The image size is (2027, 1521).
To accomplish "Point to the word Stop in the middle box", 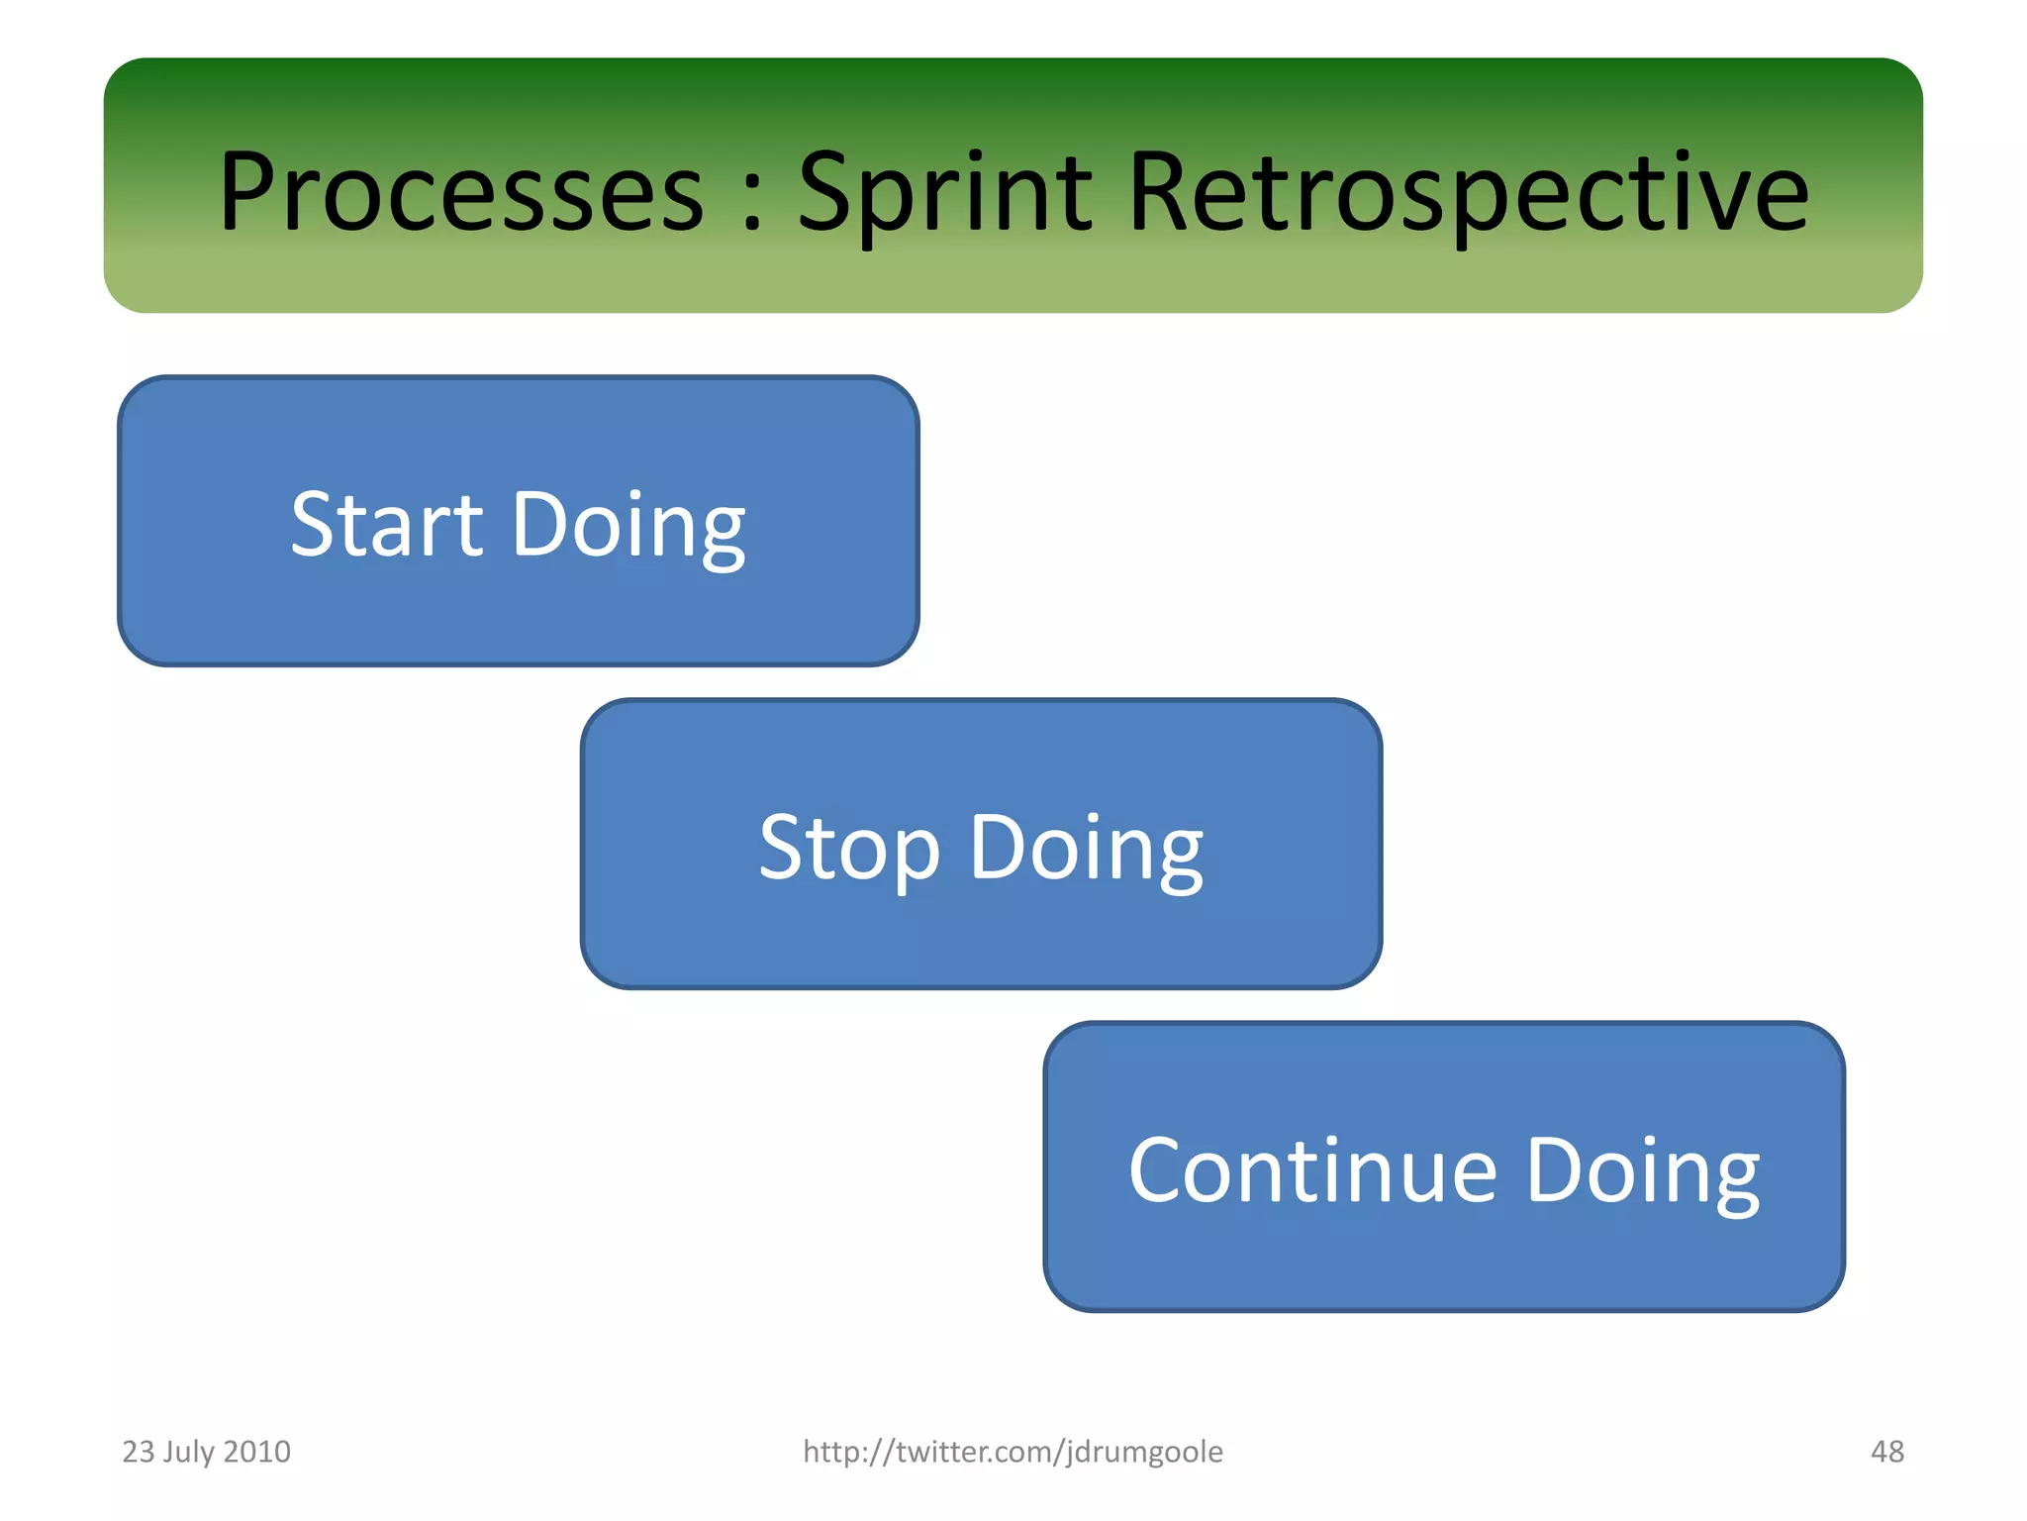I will pyautogui.click(x=848, y=848).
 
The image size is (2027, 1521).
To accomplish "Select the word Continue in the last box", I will pyautogui.click(x=1312, y=1170).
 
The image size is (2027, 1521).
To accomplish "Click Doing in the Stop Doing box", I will pyautogui.click(x=1086, y=848).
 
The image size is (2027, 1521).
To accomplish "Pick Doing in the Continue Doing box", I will pyautogui.click(x=1643, y=1170).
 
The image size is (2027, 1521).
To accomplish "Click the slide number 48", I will pyautogui.click(x=1886, y=1452).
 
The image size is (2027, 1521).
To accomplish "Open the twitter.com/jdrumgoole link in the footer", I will pyautogui.click(x=1013, y=1452).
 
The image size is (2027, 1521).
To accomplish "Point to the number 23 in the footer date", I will pyautogui.click(x=138, y=1452).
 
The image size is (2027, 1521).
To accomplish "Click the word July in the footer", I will pyautogui.click(x=188, y=1452).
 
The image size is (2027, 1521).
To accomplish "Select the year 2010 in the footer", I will pyautogui.click(x=257, y=1452).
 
